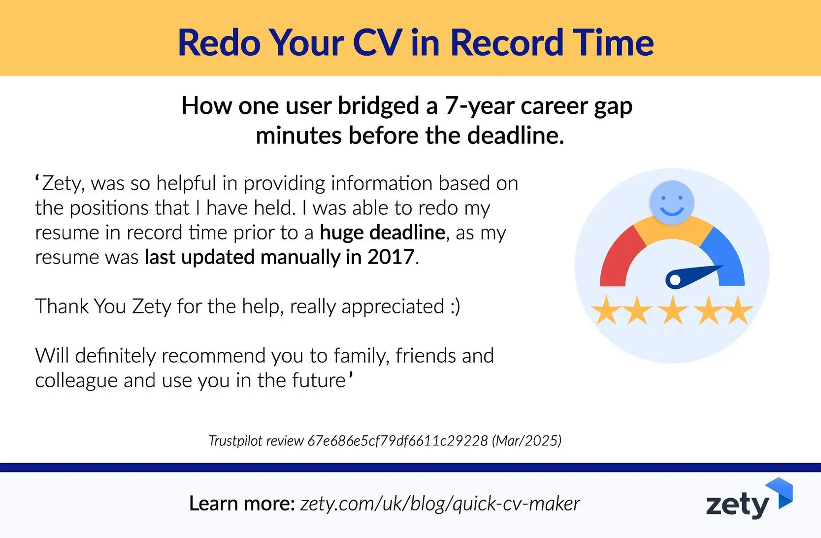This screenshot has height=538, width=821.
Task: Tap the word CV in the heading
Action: (377, 42)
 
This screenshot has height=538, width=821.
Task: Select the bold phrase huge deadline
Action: (383, 232)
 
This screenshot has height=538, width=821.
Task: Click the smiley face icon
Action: (672, 202)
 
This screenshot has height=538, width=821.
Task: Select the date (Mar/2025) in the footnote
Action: (526, 440)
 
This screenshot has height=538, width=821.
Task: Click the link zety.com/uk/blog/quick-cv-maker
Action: (440, 504)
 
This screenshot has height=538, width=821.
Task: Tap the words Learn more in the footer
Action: (241, 504)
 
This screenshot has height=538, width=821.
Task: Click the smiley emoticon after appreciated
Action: (455, 306)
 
